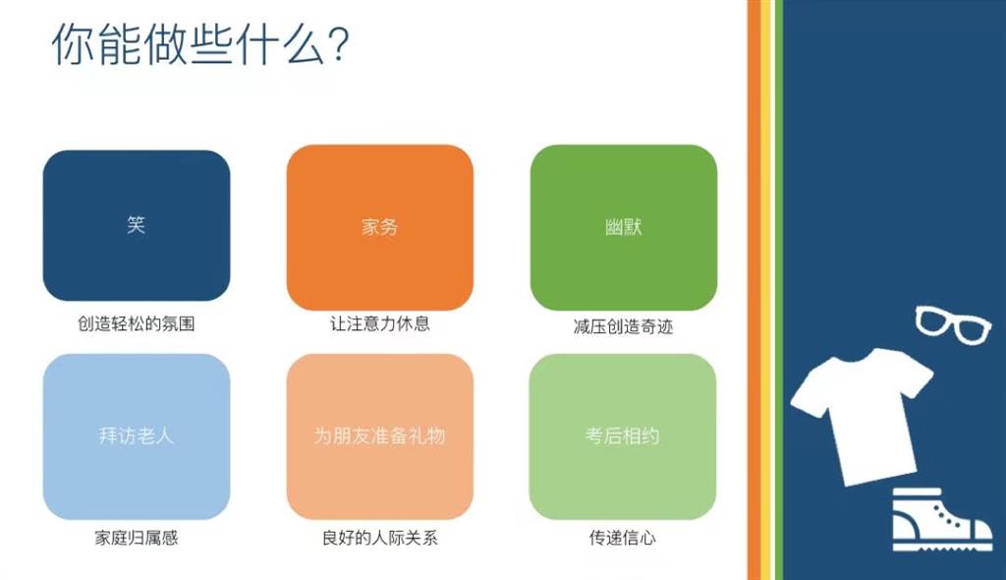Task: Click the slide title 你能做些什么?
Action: tap(200, 44)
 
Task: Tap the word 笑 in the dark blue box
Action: tap(136, 225)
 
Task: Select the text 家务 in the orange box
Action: tap(380, 227)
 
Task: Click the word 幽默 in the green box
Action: tap(624, 227)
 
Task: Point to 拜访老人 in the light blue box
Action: tap(136, 436)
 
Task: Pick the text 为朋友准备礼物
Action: tap(380, 436)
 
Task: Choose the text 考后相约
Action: tap(622, 436)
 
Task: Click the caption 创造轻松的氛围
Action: tap(136, 323)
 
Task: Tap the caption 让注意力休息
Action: tap(380, 323)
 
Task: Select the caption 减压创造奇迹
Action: tap(624, 327)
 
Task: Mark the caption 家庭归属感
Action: tap(136, 538)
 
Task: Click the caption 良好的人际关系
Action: tap(380, 538)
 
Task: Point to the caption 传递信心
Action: tap(622, 538)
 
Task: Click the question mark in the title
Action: tap(339, 44)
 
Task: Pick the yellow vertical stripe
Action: tap(765, 290)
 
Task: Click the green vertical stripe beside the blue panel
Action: tap(779, 290)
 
